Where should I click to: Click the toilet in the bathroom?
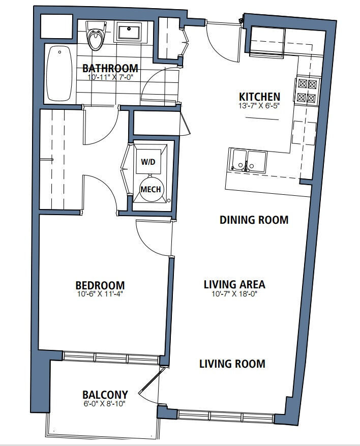click(x=96, y=36)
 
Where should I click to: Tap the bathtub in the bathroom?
click(x=59, y=74)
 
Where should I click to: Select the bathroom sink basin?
click(x=130, y=33)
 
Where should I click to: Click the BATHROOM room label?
click(x=110, y=68)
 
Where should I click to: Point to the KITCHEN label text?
click(x=259, y=97)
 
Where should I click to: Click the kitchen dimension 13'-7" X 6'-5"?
click(x=259, y=106)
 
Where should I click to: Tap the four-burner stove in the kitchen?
click(x=307, y=91)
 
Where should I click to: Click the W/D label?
click(x=148, y=162)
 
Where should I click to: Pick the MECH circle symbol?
click(x=151, y=189)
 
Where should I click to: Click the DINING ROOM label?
click(x=254, y=220)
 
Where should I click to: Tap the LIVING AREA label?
click(x=234, y=284)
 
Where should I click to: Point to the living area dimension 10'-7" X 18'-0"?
click(x=234, y=294)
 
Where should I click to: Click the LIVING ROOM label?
click(x=232, y=364)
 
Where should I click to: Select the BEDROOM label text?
click(x=100, y=285)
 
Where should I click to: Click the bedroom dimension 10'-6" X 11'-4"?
click(x=100, y=294)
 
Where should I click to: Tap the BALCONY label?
click(x=105, y=395)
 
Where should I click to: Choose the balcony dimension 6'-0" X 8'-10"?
click(x=104, y=404)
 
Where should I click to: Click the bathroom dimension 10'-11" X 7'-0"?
click(x=110, y=77)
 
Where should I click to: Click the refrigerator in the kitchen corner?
click(x=267, y=42)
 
